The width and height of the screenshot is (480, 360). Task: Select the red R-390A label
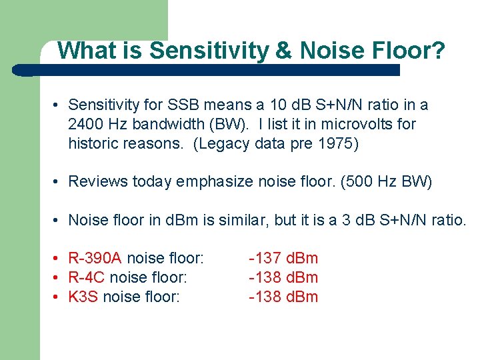click(x=95, y=258)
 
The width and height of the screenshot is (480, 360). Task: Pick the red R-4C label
click(x=87, y=277)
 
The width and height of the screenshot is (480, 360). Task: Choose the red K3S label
click(x=85, y=297)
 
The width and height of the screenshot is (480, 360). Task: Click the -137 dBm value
click(x=283, y=258)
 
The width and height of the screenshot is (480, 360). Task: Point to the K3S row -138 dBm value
click(x=283, y=297)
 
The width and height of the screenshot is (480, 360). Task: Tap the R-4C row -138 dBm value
click(x=283, y=277)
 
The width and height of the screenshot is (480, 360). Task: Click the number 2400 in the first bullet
click(x=84, y=124)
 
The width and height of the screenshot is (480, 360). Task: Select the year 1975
click(x=339, y=143)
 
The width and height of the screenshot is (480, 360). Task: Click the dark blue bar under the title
click(x=207, y=69)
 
